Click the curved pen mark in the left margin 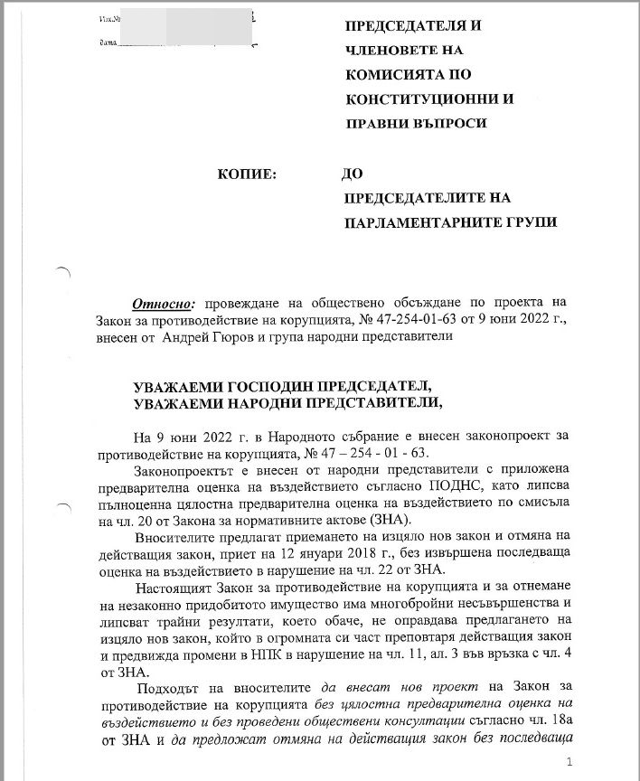62,270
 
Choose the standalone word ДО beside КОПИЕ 353,173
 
